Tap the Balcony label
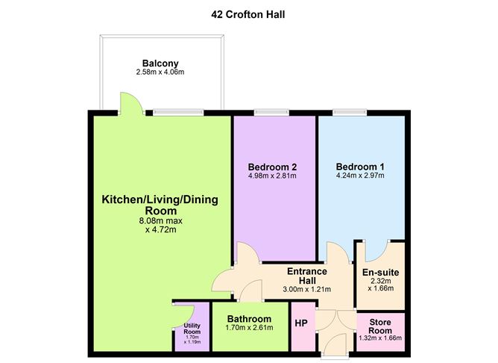tap(162, 63)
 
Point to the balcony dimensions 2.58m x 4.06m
tap(162, 72)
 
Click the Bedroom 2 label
tap(274, 166)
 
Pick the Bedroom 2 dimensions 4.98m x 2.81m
tap(274, 176)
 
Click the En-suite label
tap(380, 273)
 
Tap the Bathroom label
tap(250, 319)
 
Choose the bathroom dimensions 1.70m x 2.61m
tap(250, 329)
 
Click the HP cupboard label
tap(302, 323)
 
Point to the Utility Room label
tap(192, 329)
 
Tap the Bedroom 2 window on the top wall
tap(274, 113)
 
